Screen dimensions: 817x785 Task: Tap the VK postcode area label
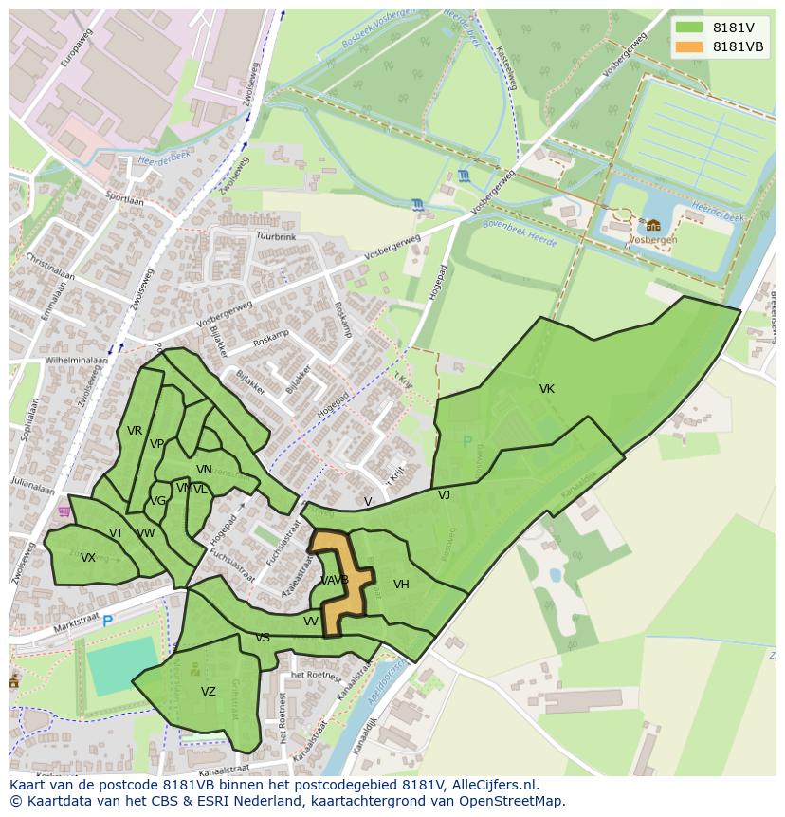(547, 389)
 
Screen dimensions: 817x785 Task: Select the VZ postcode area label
(209, 692)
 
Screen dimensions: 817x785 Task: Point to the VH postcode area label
(401, 585)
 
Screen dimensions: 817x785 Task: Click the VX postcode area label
(88, 558)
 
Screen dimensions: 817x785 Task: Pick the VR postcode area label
(135, 431)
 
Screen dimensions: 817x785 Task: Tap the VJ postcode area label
(444, 495)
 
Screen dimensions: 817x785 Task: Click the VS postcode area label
(263, 638)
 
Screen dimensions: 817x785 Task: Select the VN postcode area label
(204, 470)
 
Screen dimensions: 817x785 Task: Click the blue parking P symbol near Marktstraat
(107, 622)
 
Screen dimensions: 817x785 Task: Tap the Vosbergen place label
(654, 241)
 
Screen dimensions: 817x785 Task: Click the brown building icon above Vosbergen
(653, 225)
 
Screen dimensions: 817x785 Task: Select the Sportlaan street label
(124, 200)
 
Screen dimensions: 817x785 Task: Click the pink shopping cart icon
(64, 511)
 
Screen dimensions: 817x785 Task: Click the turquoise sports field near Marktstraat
(123, 664)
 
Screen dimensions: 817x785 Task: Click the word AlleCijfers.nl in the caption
(492, 785)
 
